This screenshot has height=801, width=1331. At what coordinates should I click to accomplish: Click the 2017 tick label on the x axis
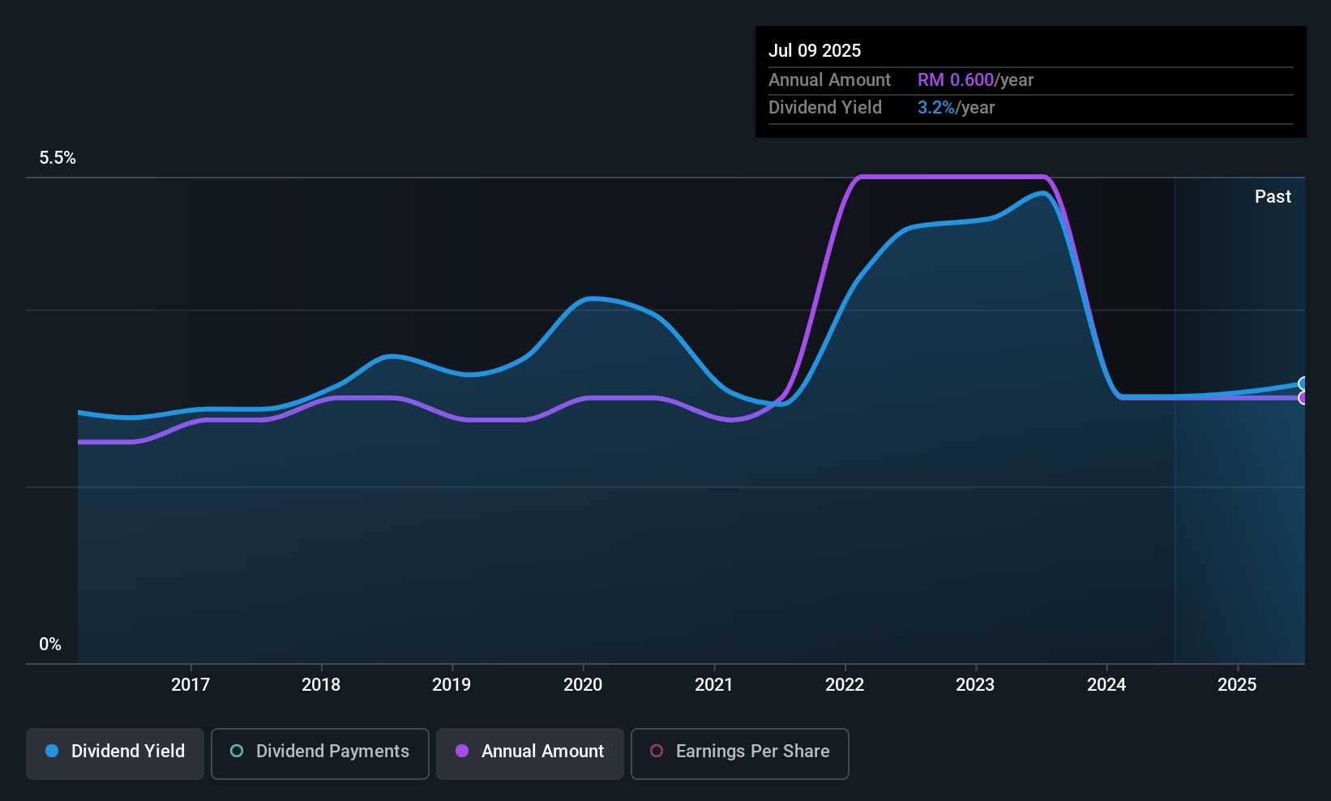pyautogui.click(x=190, y=684)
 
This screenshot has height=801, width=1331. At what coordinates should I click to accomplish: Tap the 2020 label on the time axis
pyautogui.click(x=583, y=684)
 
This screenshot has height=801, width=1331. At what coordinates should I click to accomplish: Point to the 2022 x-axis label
pyautogui.click(x=845, y=684)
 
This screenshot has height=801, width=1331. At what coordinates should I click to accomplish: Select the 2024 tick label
pyautogui.click(x=1106, y=684)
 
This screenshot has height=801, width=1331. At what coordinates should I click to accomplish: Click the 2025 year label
pyautogui.click(x=1237, y=684)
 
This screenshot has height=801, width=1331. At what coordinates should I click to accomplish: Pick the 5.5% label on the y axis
pyautogui.click(x=58, y=158)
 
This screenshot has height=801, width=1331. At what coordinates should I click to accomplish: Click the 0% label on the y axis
pyautogui.click(x=50, y=645)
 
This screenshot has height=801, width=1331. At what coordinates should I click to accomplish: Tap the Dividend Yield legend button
pyautogui.click(x=114, y=753)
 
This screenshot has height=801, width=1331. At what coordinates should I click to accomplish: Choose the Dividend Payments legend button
pyautogui.click(x=319, y=753)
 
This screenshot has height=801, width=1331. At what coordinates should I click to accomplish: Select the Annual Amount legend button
pyautogui.click(x=530, y=753)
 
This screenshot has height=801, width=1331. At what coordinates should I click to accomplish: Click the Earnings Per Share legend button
pyautogui.click(x=740, y=753)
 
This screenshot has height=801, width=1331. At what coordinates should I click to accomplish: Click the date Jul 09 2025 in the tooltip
pyautogui.click(x=815, y=50)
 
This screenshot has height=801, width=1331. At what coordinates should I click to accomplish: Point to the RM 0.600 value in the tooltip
pyautogui.click(x=956, y=79)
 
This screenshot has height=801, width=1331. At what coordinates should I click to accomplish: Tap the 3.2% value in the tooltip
pyautogui.click(x=936, y=108)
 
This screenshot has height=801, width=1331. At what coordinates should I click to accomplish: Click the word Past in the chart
pyautogui.click(x=1273, y=197)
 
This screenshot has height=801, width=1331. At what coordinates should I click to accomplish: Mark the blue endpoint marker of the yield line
pyautogui.click(x=1303, y=383)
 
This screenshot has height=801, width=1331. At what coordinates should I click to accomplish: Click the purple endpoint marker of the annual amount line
pyautogui.click(x=1303, y=398)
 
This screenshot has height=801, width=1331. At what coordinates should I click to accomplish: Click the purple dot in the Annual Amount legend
pyautogui.click(x=462, y=751)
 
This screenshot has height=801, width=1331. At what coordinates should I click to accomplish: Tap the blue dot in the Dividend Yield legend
pyautogui.click(x=52, y=751)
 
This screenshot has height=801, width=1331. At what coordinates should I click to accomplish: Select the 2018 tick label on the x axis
pyautogui.click(x=321, y=684)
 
